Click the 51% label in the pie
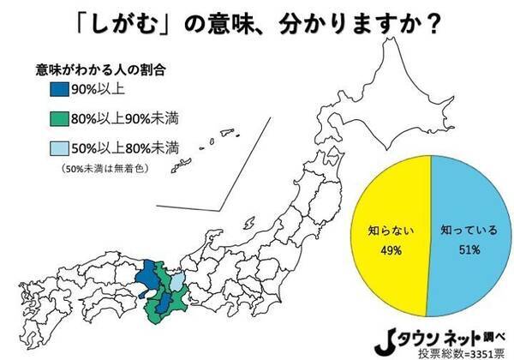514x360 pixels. click(x=464, y=249)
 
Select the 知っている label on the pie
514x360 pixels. click(x=464, y=231)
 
